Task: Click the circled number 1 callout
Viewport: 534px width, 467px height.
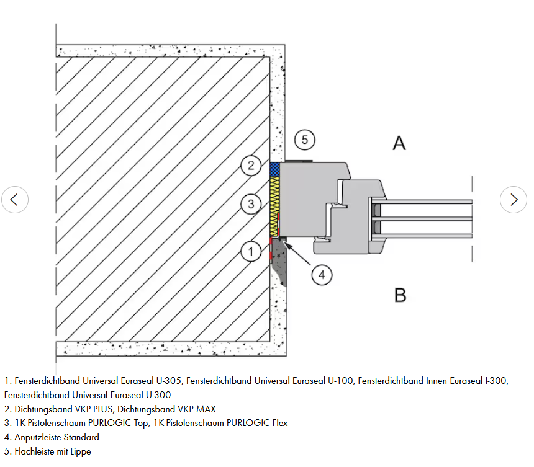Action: [251, 251]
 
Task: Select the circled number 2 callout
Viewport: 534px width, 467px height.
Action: [251, 165]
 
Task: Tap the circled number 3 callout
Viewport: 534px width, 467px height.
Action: [251, 203]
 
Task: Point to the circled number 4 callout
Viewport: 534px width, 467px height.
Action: [322, 274]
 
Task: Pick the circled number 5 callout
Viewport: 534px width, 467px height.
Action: [304, 140]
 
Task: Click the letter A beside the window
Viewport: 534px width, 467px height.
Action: [399, 143]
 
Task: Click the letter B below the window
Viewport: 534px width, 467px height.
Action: [400, 295]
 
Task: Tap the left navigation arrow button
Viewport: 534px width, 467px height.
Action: [15, 200]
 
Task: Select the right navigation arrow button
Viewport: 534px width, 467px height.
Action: [514, 200]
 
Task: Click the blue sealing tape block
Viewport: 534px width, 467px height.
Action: [275, 169]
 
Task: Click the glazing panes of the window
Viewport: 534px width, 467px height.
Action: [428, 218]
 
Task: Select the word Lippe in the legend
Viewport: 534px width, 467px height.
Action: [80, 451]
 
